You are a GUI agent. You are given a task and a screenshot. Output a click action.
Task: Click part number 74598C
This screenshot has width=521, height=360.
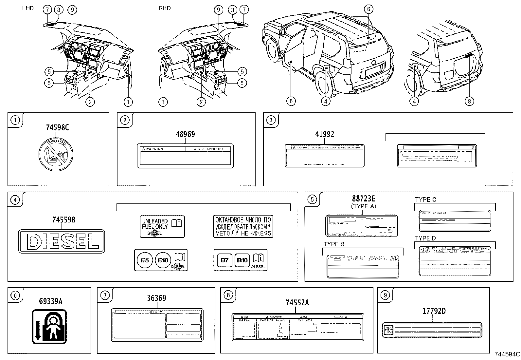point(57,127)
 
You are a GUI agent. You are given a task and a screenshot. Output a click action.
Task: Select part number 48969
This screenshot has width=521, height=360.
point(185,134)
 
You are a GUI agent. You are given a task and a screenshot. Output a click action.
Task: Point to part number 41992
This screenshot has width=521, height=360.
point(325,134)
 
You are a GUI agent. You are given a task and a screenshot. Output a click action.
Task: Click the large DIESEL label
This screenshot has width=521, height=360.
point(62,241)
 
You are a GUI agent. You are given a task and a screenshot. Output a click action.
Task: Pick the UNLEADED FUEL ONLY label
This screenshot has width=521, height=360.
point(162,226)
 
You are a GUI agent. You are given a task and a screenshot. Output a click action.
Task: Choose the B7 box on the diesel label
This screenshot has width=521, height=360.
point(225,260)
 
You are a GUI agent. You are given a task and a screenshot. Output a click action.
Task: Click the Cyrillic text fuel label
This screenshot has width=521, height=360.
point(243,226)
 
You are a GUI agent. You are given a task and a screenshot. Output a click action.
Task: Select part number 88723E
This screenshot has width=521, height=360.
point(364,199)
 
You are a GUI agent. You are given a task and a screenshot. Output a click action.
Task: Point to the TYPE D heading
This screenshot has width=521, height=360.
point(425,238)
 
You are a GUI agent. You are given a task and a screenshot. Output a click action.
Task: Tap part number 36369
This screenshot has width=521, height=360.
point(156,298)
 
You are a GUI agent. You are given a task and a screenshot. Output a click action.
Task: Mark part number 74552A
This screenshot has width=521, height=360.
point(297,303)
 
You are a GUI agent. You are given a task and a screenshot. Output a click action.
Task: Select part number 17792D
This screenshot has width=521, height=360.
point(433,311)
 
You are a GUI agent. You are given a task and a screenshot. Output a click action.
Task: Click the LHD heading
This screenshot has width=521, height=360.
point(28,9)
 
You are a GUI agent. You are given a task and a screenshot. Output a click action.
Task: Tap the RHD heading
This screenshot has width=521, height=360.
point(164,9)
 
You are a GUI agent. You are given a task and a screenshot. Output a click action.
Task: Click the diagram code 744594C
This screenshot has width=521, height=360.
point(507,354)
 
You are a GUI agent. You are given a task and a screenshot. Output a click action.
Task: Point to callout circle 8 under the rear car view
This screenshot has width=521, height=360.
point(469,101)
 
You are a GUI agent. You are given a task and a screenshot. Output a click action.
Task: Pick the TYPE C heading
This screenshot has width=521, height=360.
point(425,199)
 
